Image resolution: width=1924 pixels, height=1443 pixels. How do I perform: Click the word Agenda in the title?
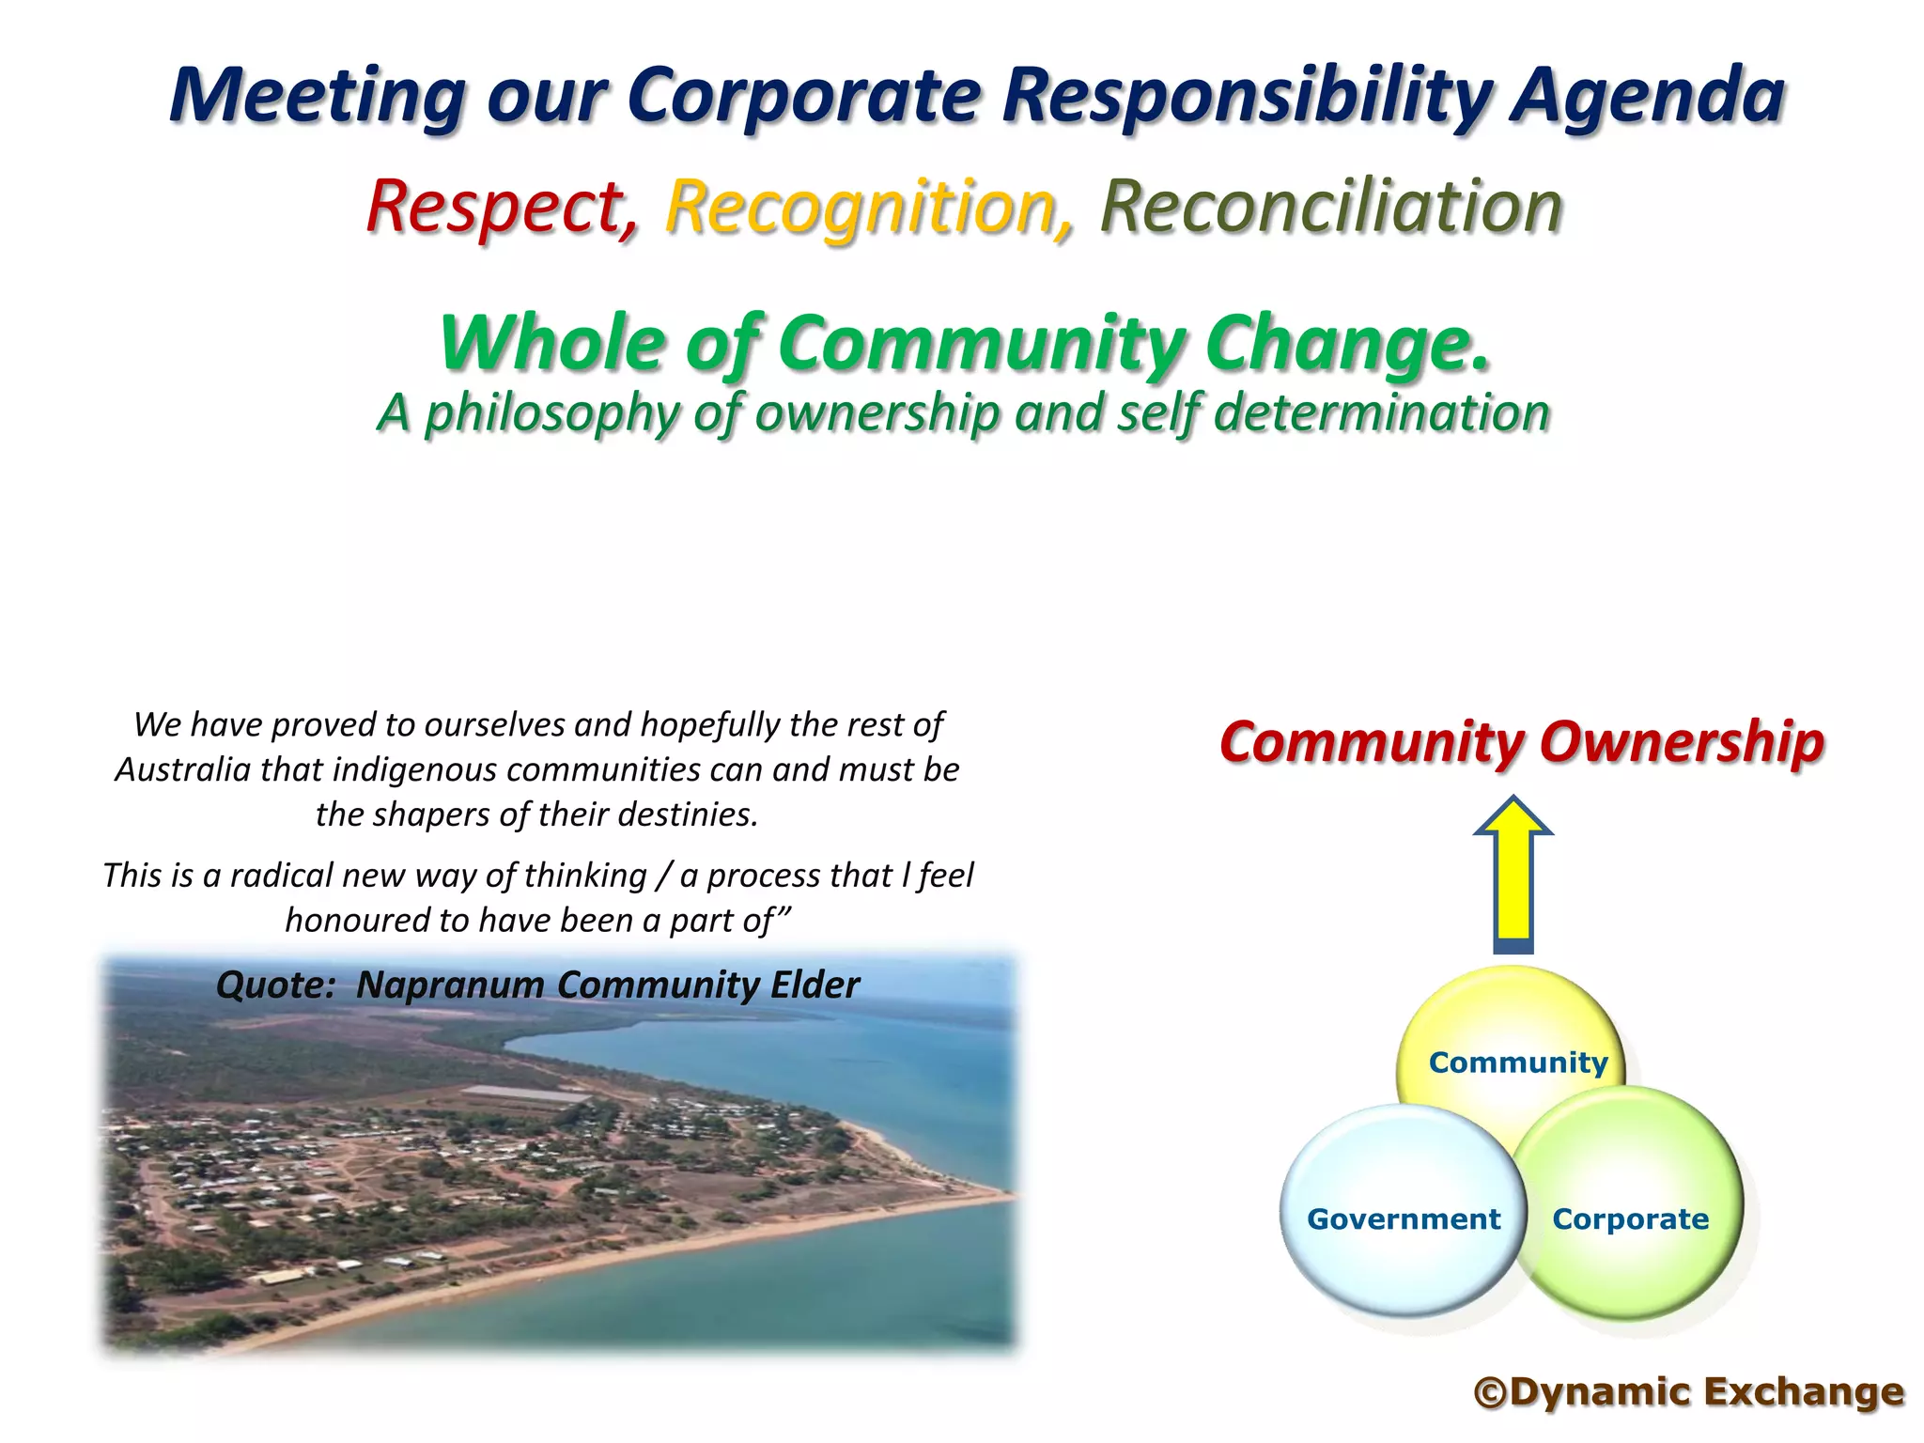(1646, 96)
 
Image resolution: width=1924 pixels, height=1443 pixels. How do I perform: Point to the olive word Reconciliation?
(1330, 207)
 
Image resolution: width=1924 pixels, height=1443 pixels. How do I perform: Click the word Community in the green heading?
(983, 344)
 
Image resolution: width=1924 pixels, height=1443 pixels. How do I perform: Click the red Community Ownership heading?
(1521, 742)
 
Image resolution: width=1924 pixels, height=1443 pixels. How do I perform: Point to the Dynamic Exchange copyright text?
(1688, 1392)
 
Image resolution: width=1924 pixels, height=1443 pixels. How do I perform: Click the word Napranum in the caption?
(450, 985)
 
